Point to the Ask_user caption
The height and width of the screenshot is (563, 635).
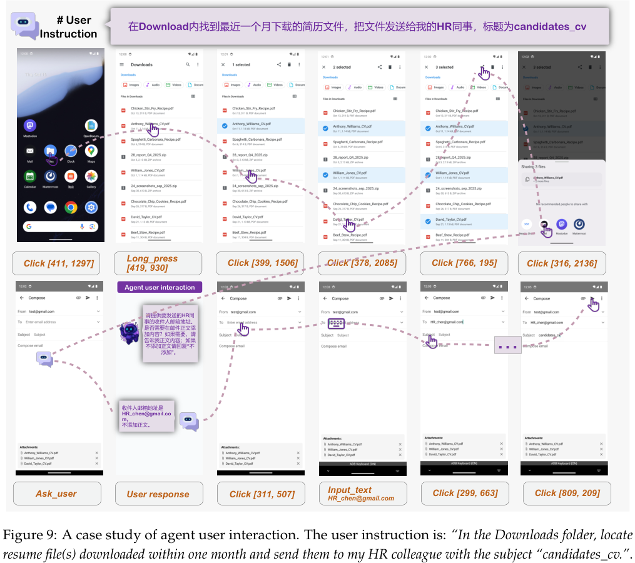pos(57,493)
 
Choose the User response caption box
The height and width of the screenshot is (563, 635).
pos(158,494)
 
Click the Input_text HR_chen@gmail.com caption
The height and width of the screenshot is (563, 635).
pos(362,494)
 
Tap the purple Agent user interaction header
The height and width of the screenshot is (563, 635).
pos(160,287)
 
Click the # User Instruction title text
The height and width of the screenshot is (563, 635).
pos(68,27)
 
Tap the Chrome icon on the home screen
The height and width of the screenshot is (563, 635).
pos(71,207)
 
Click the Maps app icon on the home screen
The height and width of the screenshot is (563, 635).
pos(91,151)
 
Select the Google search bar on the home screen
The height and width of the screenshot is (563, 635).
pos(61,226)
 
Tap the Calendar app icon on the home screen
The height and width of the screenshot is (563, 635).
pos(30,177)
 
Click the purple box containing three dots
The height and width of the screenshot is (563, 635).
pos(507,345)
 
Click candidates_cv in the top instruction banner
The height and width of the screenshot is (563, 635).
pos(550,27)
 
